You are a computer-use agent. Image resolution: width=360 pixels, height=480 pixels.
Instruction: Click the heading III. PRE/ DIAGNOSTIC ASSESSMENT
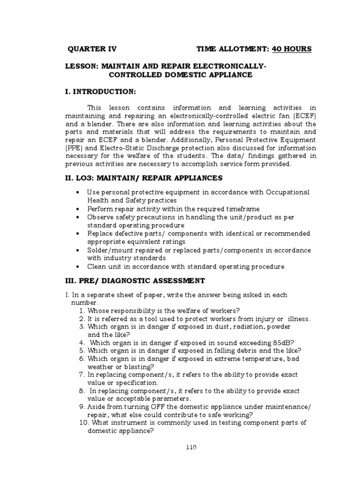click(135, 281)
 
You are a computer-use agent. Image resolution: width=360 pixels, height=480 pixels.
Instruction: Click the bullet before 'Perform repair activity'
click(77, 209)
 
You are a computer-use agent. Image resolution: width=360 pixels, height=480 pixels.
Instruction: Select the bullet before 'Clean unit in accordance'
click(77, 266)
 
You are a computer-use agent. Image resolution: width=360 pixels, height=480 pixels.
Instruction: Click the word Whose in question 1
click(98, 310)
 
